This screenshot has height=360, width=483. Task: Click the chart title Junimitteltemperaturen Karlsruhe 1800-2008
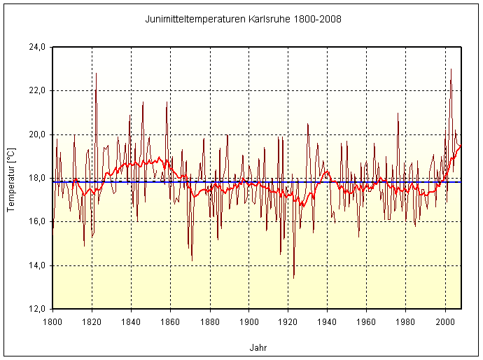coord(242,19)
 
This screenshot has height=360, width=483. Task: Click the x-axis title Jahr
coord(257,347)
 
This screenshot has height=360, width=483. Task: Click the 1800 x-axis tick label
coord(52,321)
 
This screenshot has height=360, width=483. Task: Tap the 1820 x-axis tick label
coord(92,321)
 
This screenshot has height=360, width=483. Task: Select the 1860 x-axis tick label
coord(170,321)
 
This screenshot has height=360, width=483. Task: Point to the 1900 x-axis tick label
coord(248,321)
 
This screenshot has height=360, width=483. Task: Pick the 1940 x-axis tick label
coord(327,321)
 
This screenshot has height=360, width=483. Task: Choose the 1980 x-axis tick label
coord(405,321)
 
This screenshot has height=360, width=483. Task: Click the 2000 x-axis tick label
coord(444,321)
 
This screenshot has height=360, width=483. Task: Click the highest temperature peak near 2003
coord(451,69)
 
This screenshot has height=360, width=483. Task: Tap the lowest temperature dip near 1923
coord(293,277)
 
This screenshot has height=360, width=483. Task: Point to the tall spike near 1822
coord(96,74)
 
